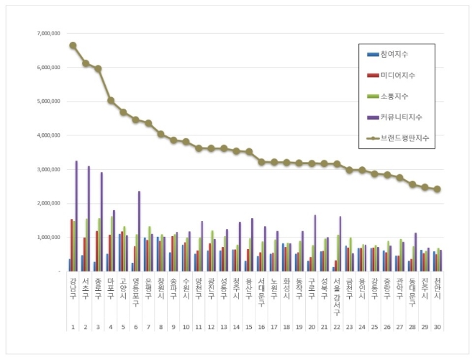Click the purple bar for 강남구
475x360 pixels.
[77, 216]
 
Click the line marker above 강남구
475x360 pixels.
[73, 45]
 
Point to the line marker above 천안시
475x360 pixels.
[437, 189]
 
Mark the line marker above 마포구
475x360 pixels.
[111, 101]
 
